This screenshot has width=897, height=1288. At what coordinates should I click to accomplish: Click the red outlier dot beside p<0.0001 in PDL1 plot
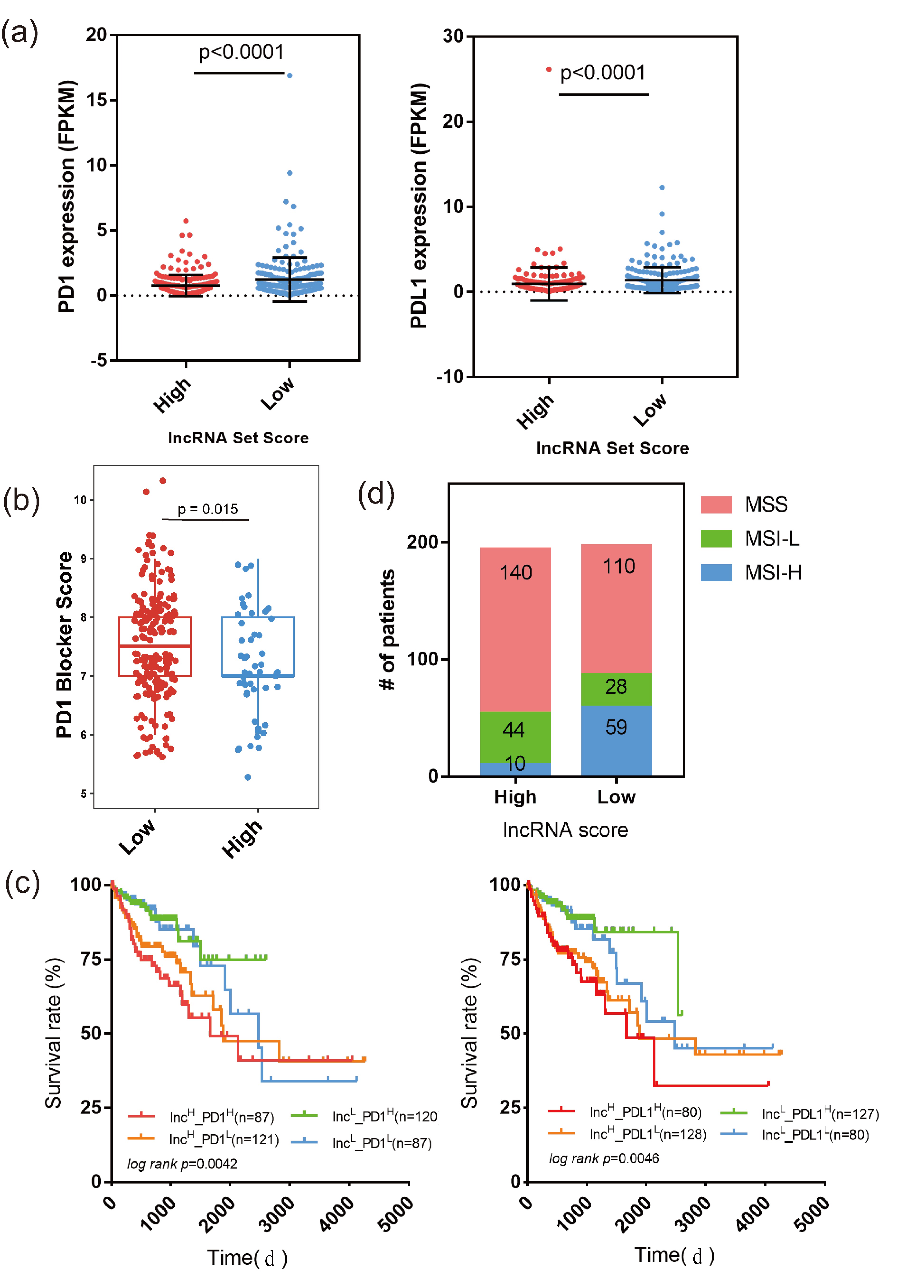click(549, 70)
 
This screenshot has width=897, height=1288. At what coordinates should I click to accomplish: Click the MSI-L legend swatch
click(716, 539)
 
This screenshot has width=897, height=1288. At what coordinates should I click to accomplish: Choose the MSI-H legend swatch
click(716, 573)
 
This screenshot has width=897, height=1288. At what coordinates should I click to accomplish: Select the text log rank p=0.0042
click(182, 1164)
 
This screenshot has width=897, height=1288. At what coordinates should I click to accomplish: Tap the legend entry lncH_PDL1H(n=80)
click(645, 1112)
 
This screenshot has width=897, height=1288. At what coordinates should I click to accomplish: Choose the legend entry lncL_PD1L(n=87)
click(382, 1143)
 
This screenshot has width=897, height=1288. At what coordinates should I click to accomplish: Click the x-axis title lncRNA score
click(565, 830)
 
